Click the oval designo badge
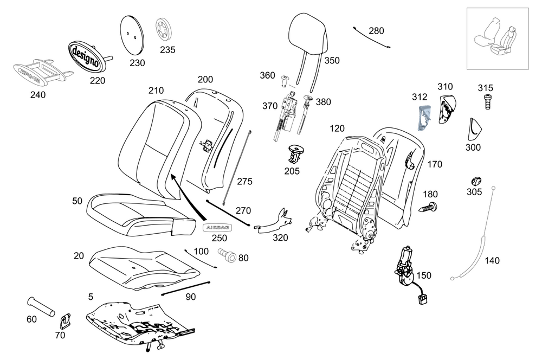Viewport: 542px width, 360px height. click(x=85, y=56)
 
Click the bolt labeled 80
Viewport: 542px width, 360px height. click(x=227, y=255)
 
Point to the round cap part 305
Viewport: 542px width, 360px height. click(x=476, y=181)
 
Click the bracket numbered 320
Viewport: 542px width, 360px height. click(x=276, y=222)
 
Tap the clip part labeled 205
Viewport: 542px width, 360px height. click(x=296, y=154)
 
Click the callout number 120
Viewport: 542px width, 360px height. click(x=337, y=129)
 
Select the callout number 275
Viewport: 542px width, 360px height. click(x=244, y=182)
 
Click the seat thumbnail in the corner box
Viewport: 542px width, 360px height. click(x=498, y=38)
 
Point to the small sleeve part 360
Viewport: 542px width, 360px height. click(x=286, y=82)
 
